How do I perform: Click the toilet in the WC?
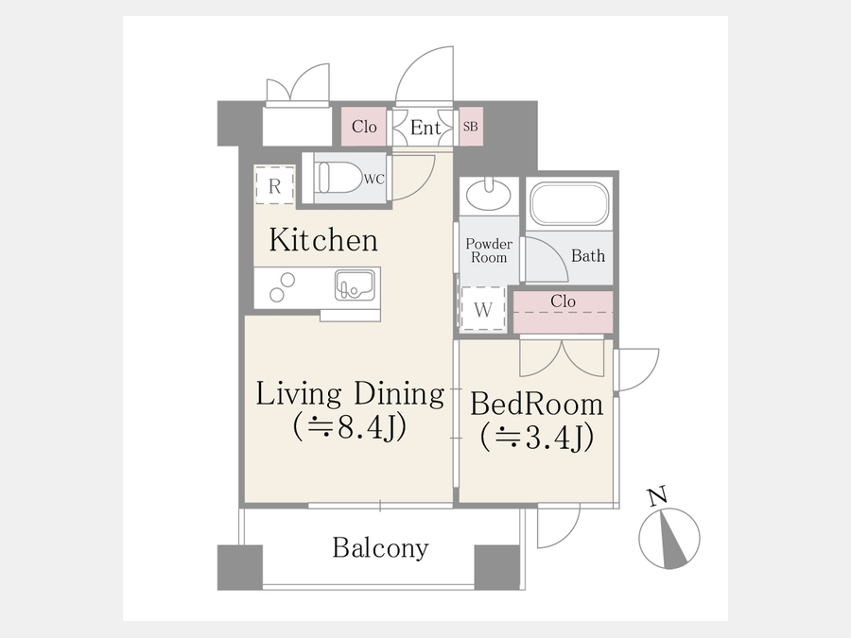pyautogui.click(x=339, y=178)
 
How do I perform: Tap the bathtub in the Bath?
pyautogui.click(x=569, y=204)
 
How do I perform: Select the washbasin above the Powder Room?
pyautogui.click(x=489, y=194)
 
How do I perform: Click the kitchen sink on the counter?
pyautogui.click(x=355, y=285)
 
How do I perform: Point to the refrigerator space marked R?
pyautogui.click(x=274, y=185)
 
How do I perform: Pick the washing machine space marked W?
pyautogui.click(x=483, y=309)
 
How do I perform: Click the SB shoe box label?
pyautogui.click(x=471, y=127)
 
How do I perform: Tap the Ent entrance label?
pyautogui.click(x=425, y=128)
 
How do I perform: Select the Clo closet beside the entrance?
pyautogui.click(x=364, y=127)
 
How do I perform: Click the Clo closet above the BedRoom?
pyautogui.click(x=564, y=312)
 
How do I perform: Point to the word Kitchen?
pyautogui.click(x=323, y=240)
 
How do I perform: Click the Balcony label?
pyautogui.click(x=380, y=547)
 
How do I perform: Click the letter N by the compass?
pyautogui.click(x=657, y=496)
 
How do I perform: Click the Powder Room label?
pyautogui.click(x=489, y=250)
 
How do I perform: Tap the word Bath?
pyautogui.click(x=588, y=255)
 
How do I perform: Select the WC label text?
pyautogui.click(x=373, y=179)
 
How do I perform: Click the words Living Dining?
pyautogui.click(x=350, y=394)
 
